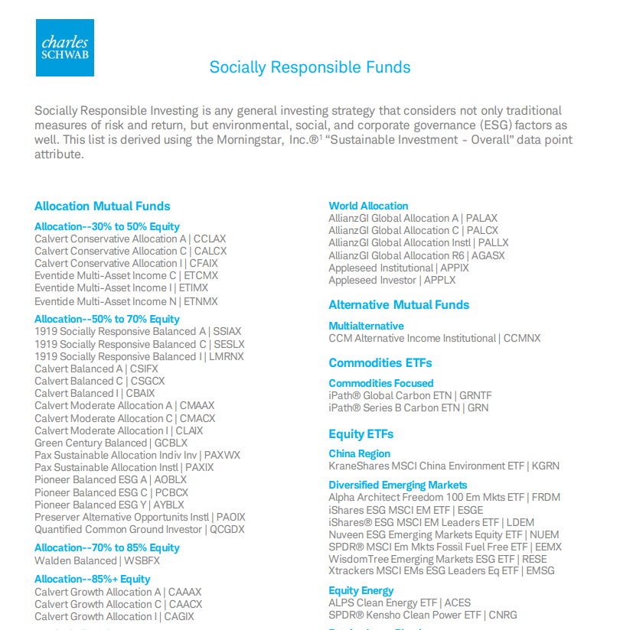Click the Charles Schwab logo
pos(65,47)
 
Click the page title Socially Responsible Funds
pos(310,67)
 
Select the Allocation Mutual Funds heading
pos(102,206)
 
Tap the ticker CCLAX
pos(210,239)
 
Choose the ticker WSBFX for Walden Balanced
pos(142,560)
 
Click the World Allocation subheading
pos(368,206)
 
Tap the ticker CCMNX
pos(523,338)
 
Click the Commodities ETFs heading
pos(380,363)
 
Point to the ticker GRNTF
pos(475,395)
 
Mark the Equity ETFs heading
pos(361,434)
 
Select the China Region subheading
pos(359,453)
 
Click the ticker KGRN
pos(546,466)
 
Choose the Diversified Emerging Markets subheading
pos(397,485)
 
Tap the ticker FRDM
pos(547,497)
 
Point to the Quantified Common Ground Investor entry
pos(119,529)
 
